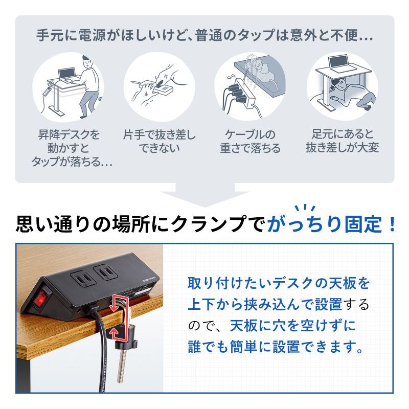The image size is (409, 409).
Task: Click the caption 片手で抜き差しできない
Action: click(x=159, y=142)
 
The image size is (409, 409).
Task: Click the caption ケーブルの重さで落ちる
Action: click(x=250, y=142)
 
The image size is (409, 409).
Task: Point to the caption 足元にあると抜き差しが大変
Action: click(x=342, y=142)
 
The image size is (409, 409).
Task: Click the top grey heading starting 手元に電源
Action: click(x=204, y=37)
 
